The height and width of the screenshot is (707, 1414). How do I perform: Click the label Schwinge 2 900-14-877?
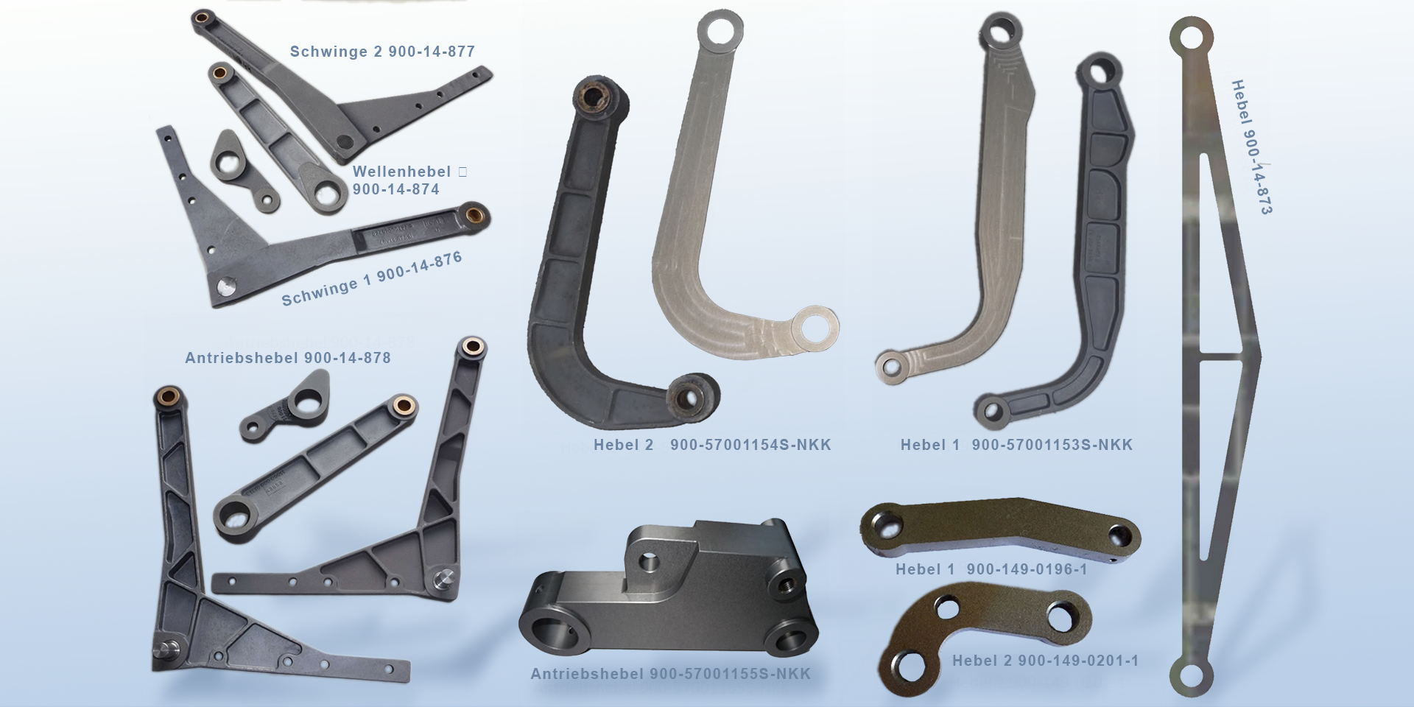pyautogui.click(x=382, y=52)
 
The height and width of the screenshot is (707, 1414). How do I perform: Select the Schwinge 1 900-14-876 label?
pyautogui.click(x=372, y=278)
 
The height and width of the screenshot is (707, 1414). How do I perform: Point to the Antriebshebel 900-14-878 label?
pyautogui.click(x=288, y=358)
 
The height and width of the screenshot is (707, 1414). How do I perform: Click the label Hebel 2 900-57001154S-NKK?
pyautogui.click(x=712, y=445)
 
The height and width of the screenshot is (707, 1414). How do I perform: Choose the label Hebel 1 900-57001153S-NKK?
pyautogui.click(x=1016, y=445)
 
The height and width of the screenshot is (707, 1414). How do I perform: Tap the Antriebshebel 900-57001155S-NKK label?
pyautogui.click(x=670, y=674)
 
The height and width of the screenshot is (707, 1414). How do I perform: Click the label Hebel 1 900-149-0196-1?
pyautogui.click(x=991, y=569)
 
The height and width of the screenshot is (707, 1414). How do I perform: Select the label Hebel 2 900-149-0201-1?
pyautogui.click(x=1046, y=661)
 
